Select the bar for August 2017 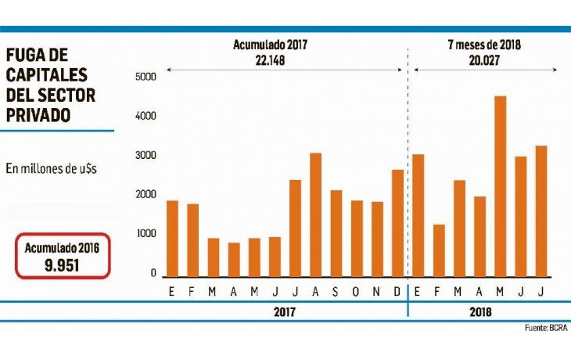click(x=315, y=214)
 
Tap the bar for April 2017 click(x=234, y=259)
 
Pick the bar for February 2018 click(x=439, y=250)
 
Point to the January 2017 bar click(x=172, y=239)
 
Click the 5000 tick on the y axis click(x=147, y=77)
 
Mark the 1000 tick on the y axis click(x=147, y=235)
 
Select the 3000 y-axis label click(x=147, y=156)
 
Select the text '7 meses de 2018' click(x=485, y=44)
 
